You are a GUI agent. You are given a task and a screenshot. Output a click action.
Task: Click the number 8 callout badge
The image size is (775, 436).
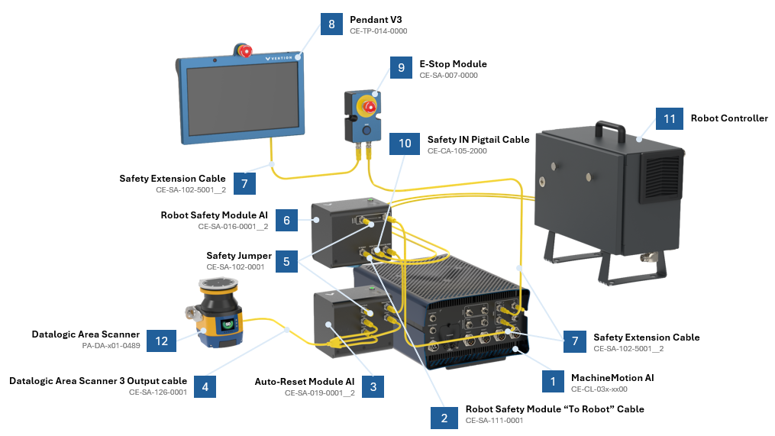pyautogui.click(x=331, y=25)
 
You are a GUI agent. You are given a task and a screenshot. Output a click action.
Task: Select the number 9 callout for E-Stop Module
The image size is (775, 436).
pyautogui.click(x=401, y=69)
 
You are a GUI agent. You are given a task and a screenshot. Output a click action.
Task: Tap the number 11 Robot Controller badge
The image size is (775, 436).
pyautogui.click(x=670, y=119)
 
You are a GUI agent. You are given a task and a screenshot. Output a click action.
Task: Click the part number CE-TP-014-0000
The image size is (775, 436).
pyautogui.click(x=378, y=31)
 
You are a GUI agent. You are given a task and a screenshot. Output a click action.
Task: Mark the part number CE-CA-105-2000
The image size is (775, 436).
pyautogui.click(x=457, y=150)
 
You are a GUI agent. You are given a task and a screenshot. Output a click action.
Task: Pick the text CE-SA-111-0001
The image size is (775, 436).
pyautogui.click(x=494, y=420)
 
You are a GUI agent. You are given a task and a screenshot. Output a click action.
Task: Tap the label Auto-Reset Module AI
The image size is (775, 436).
pyautogui.click(x=304, y=381)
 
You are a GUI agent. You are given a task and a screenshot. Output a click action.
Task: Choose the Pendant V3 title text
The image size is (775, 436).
pyautogui.click(x=376, y=19)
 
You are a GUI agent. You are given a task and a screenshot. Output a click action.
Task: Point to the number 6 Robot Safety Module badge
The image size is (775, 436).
pyautogui.click(x=286, y=220)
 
